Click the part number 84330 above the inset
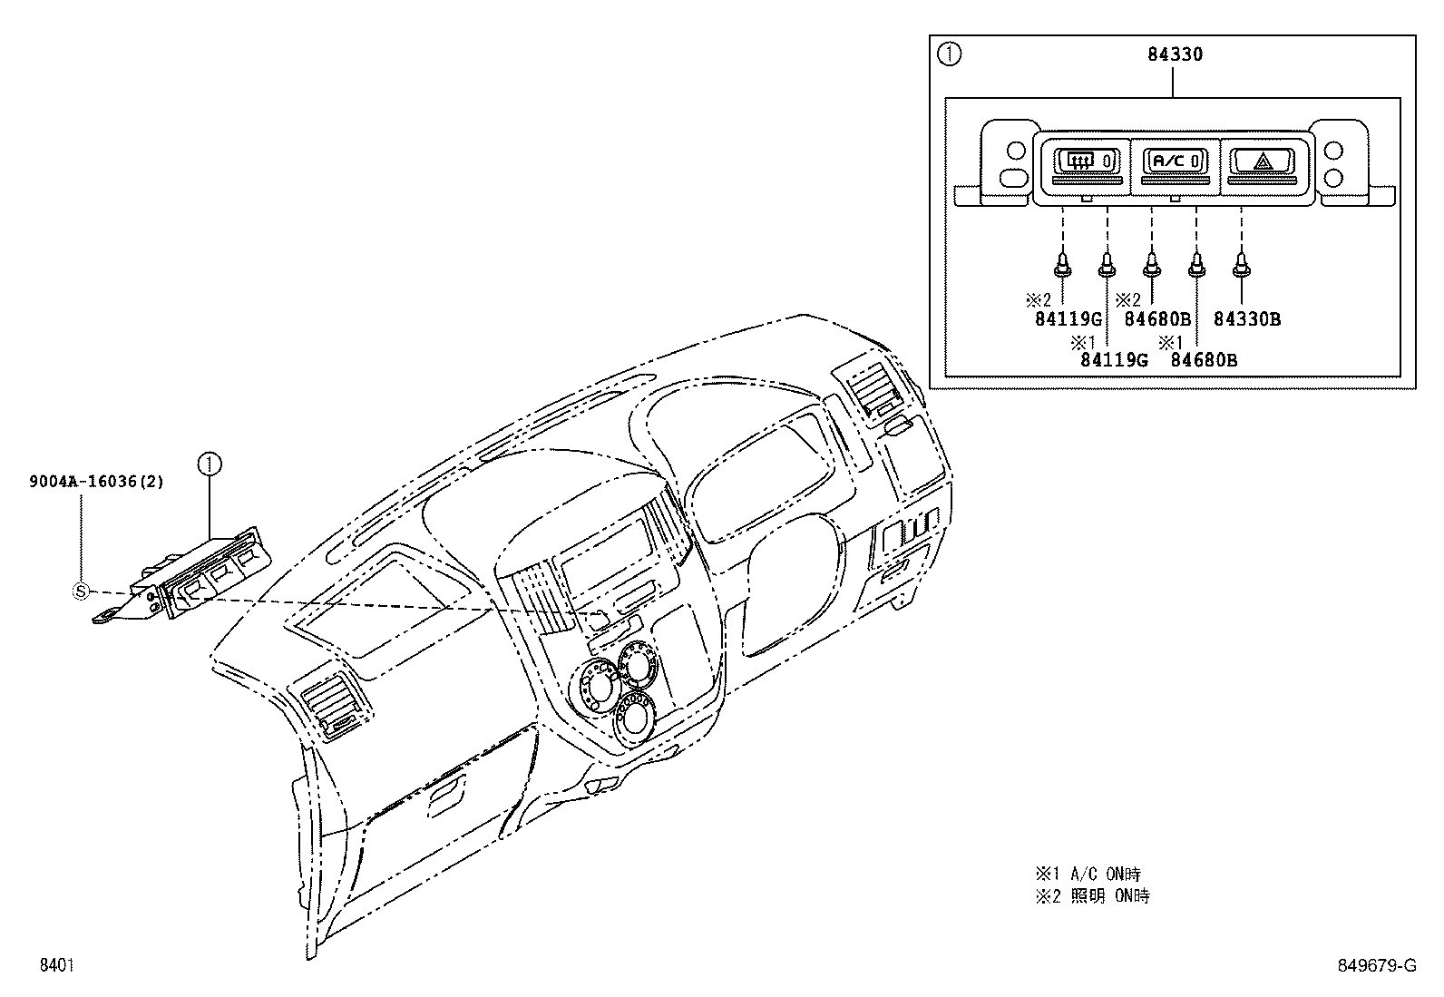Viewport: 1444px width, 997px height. (1175, 54)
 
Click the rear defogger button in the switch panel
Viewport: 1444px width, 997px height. (1087, 161)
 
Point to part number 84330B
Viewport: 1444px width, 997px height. (1247, 319)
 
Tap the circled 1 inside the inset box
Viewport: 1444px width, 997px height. (949, 54)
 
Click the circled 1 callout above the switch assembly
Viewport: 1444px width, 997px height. (210, 464)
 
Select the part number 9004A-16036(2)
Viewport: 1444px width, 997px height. (96, 481)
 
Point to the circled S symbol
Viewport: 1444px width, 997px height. (81, 591)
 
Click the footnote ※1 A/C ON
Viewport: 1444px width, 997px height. (1088, 875)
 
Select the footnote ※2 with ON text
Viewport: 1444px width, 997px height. (1093, 896)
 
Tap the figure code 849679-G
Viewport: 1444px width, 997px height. (1377, 965)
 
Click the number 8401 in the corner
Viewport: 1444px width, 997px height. (57, 965)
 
